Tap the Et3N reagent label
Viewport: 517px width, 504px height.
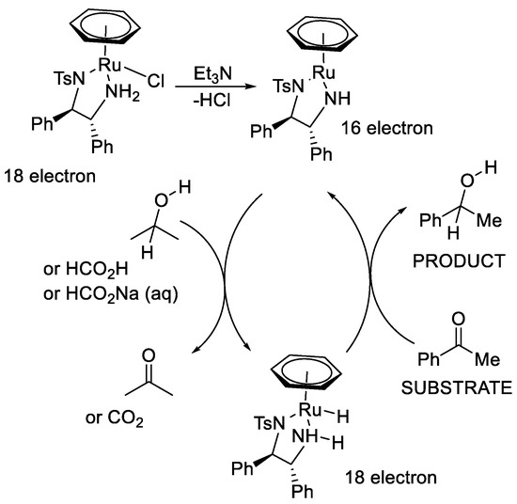coord(213,71)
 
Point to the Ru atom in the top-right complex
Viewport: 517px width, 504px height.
coord(330,68)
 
